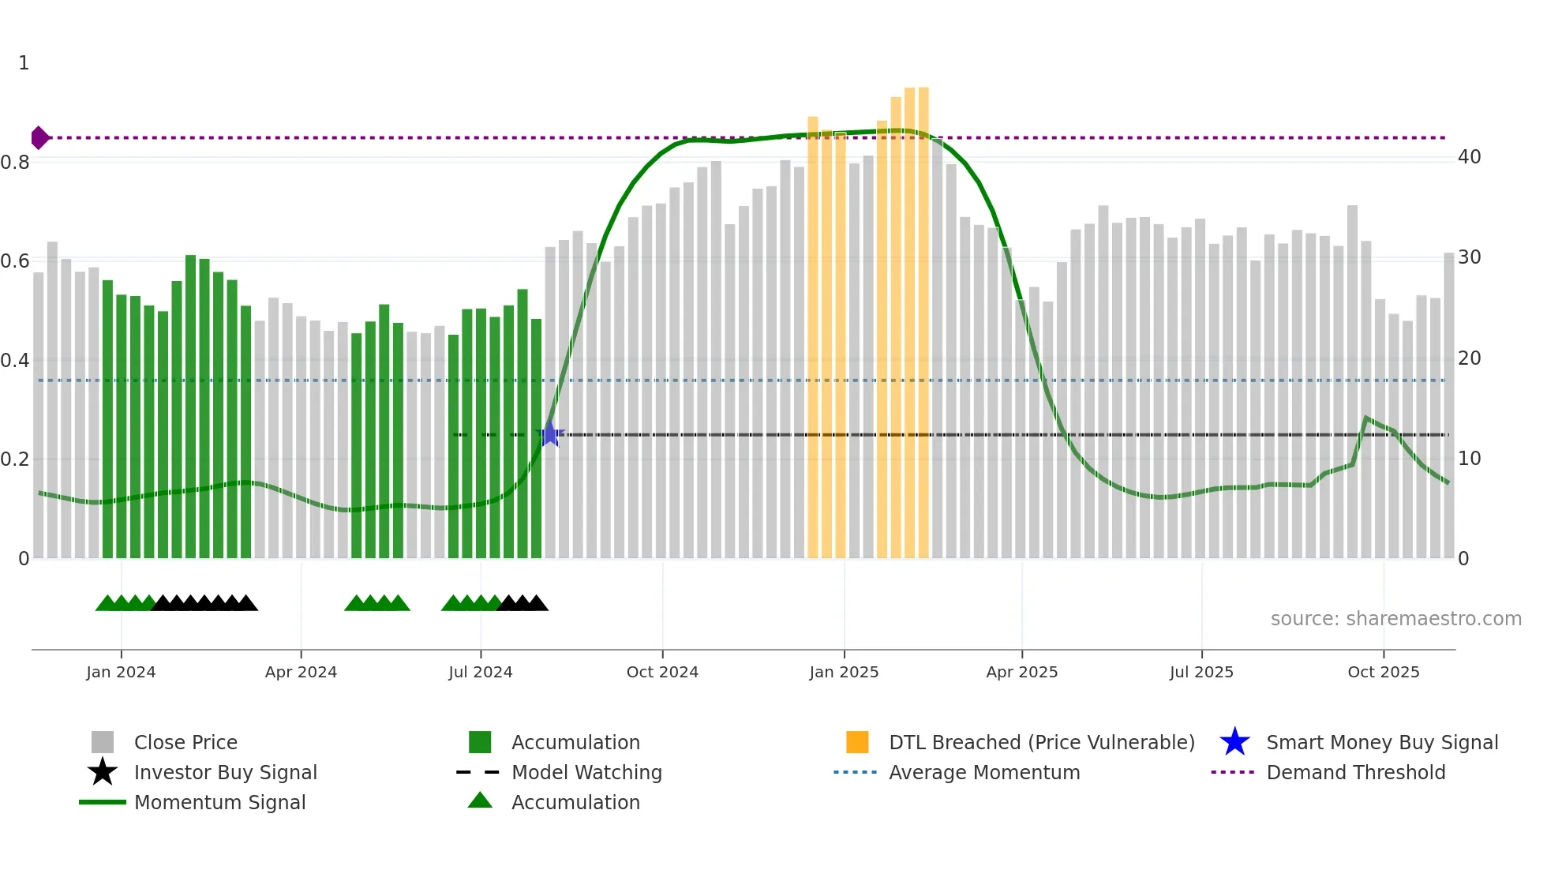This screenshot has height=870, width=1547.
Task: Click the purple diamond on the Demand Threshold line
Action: pos(39,138)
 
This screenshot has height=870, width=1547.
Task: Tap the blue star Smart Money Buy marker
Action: pos(550,434)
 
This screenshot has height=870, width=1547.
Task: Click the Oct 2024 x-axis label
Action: pos(662,672)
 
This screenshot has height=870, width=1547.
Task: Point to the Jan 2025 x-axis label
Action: pos(844,672)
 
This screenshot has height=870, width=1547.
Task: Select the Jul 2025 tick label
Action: pos(1201,672)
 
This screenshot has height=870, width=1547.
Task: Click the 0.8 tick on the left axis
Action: pos(15,163)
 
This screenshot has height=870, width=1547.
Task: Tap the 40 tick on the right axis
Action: pos(1469,157)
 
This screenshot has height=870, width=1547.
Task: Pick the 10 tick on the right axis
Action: pos(1469,459)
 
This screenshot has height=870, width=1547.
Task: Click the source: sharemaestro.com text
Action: pos(1395,619)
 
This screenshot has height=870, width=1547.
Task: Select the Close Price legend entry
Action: pos(185,743)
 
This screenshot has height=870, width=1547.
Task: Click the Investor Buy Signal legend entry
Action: pos(225,773)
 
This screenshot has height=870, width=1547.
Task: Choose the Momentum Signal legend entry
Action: pos(219,803)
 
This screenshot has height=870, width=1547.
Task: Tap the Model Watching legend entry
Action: pos(586,773)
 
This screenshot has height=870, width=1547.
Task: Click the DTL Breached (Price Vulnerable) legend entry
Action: pos(1041,743)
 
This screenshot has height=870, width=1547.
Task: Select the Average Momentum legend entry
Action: pos(984,773)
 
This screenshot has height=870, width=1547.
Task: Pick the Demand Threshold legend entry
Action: pos(1355,773)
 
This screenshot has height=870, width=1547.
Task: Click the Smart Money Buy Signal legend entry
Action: pos(1381,743)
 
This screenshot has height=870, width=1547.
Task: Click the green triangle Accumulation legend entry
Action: pos(575,803)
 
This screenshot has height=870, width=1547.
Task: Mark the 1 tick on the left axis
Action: pos(24,63)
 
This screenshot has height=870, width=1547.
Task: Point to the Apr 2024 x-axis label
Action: pos(301,672)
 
